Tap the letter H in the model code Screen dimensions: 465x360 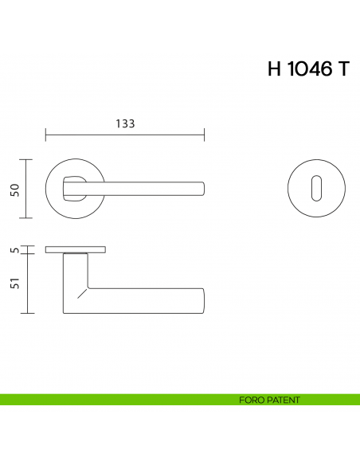coord(276,68)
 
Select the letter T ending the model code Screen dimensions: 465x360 coord(342,68)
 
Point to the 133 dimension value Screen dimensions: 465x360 coord(125,123)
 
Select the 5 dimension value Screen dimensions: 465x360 coord(14,251)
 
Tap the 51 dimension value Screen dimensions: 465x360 coord(14,283)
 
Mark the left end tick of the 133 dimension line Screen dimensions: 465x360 coord(46,134)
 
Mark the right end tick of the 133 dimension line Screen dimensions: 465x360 coord(205,134)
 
